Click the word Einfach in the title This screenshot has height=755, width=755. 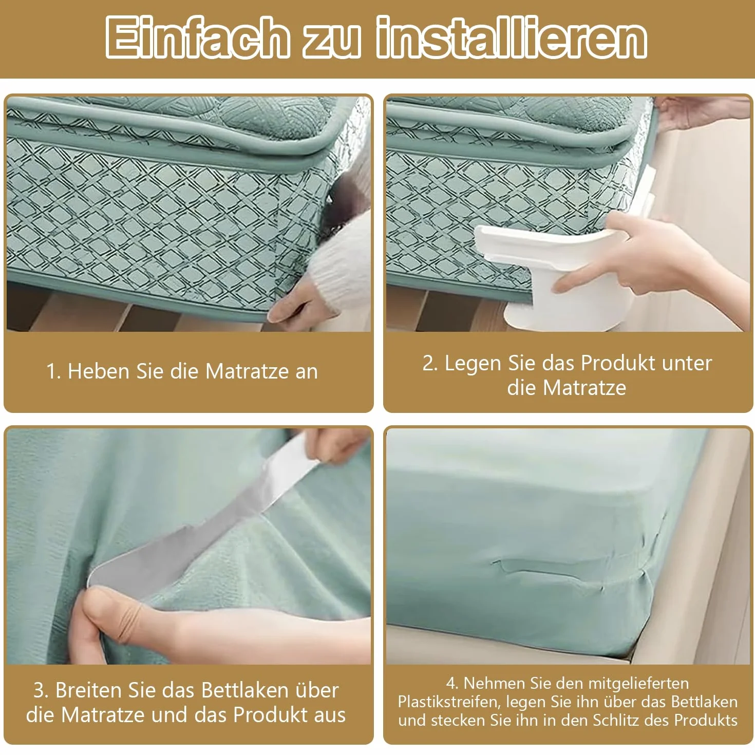[197, 38]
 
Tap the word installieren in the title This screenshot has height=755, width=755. [512, 38]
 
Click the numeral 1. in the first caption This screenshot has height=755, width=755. [53, 371]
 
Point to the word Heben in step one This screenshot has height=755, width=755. [99, 371]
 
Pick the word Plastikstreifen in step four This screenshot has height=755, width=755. [449, 701]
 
